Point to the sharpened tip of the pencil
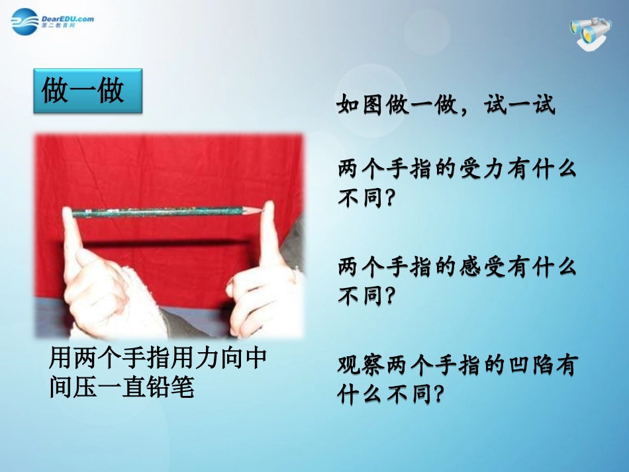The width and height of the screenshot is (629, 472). coord(261,209)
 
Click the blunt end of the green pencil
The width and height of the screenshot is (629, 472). coord(73,213)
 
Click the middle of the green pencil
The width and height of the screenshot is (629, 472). coord(166,211)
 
